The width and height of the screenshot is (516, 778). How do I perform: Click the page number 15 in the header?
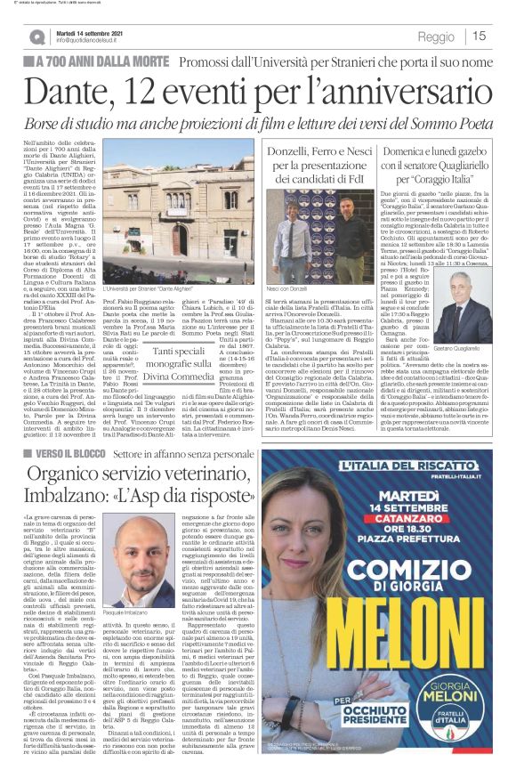[x=479, y=36]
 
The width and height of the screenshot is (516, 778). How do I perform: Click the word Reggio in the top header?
[x=436, y=36]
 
